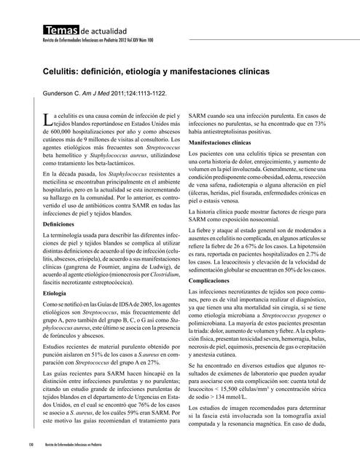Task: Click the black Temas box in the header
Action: [x=60, y=31]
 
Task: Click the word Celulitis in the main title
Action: [x=63, y=74]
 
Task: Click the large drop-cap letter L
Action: [x=47, y=120]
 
